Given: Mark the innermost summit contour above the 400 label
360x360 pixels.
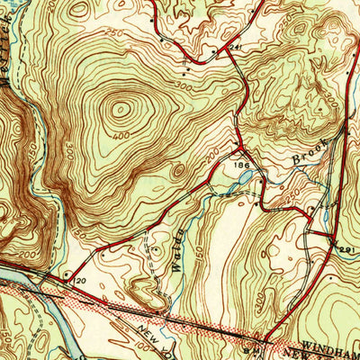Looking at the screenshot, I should click(x=120, y=112).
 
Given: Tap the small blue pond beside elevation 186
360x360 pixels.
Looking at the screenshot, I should click(x=242, y=180).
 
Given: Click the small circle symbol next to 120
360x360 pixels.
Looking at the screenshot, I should click(x=67, y=271).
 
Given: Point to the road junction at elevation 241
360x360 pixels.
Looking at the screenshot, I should click(x=224, y=49).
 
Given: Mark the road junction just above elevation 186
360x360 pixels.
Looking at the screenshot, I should click(x=239, y=148).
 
